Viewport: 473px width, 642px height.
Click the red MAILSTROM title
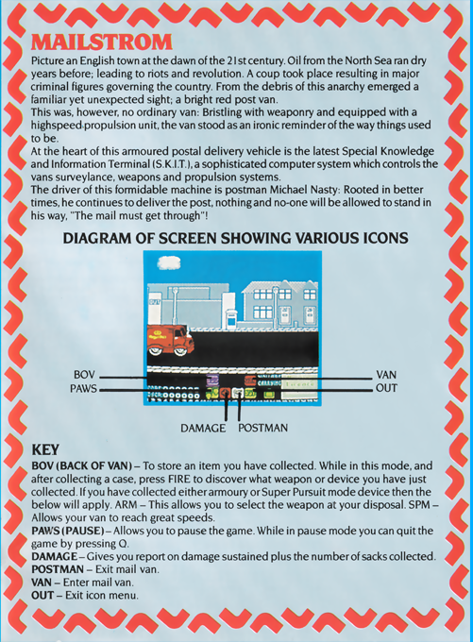tap(102, 42)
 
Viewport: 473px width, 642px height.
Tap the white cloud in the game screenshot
tap(168, 262)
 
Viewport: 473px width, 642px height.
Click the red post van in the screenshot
tap(170, 341)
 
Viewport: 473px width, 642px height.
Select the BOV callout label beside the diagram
tap(84, 375)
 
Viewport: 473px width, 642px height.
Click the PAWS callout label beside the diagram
tap(83, 388)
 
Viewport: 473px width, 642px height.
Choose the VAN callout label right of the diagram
tap(386, 375)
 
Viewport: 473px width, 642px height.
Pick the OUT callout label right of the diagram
tap(386, 388)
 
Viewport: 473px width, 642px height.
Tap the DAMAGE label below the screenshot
tap(203, 429)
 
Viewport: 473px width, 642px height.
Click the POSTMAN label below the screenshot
tap(262, 428)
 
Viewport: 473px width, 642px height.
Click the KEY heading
tap(45, 449)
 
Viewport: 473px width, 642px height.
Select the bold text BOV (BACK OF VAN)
tap(82, 466)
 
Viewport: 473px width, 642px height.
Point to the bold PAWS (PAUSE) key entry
tap(68, 531)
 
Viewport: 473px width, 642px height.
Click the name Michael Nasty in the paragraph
tap(304, 190)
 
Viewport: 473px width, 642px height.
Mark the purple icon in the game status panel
tap(212, 380)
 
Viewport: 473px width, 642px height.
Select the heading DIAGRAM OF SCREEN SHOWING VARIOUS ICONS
tap(235, 238)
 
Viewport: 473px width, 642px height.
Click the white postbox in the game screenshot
tap(231, 318)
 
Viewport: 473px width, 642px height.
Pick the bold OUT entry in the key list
tap(42, 595)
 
